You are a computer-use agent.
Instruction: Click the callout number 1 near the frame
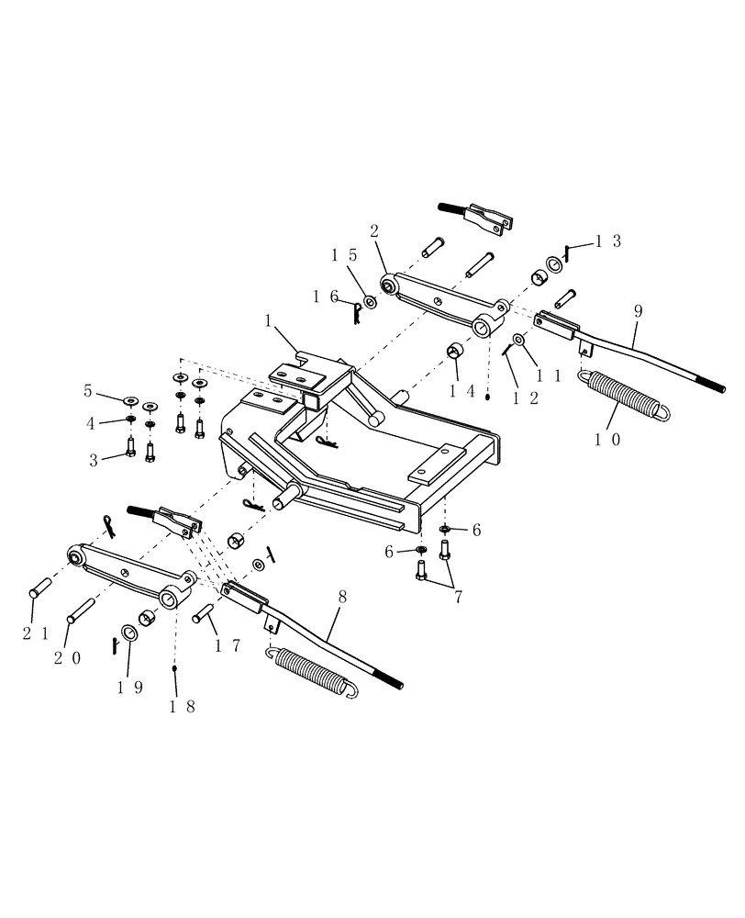267,322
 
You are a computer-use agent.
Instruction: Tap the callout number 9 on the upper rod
638,311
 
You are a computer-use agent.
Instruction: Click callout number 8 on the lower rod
341,597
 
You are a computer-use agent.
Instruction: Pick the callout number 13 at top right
608,241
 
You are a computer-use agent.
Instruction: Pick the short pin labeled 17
202,615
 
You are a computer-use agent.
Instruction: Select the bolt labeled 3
132,449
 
